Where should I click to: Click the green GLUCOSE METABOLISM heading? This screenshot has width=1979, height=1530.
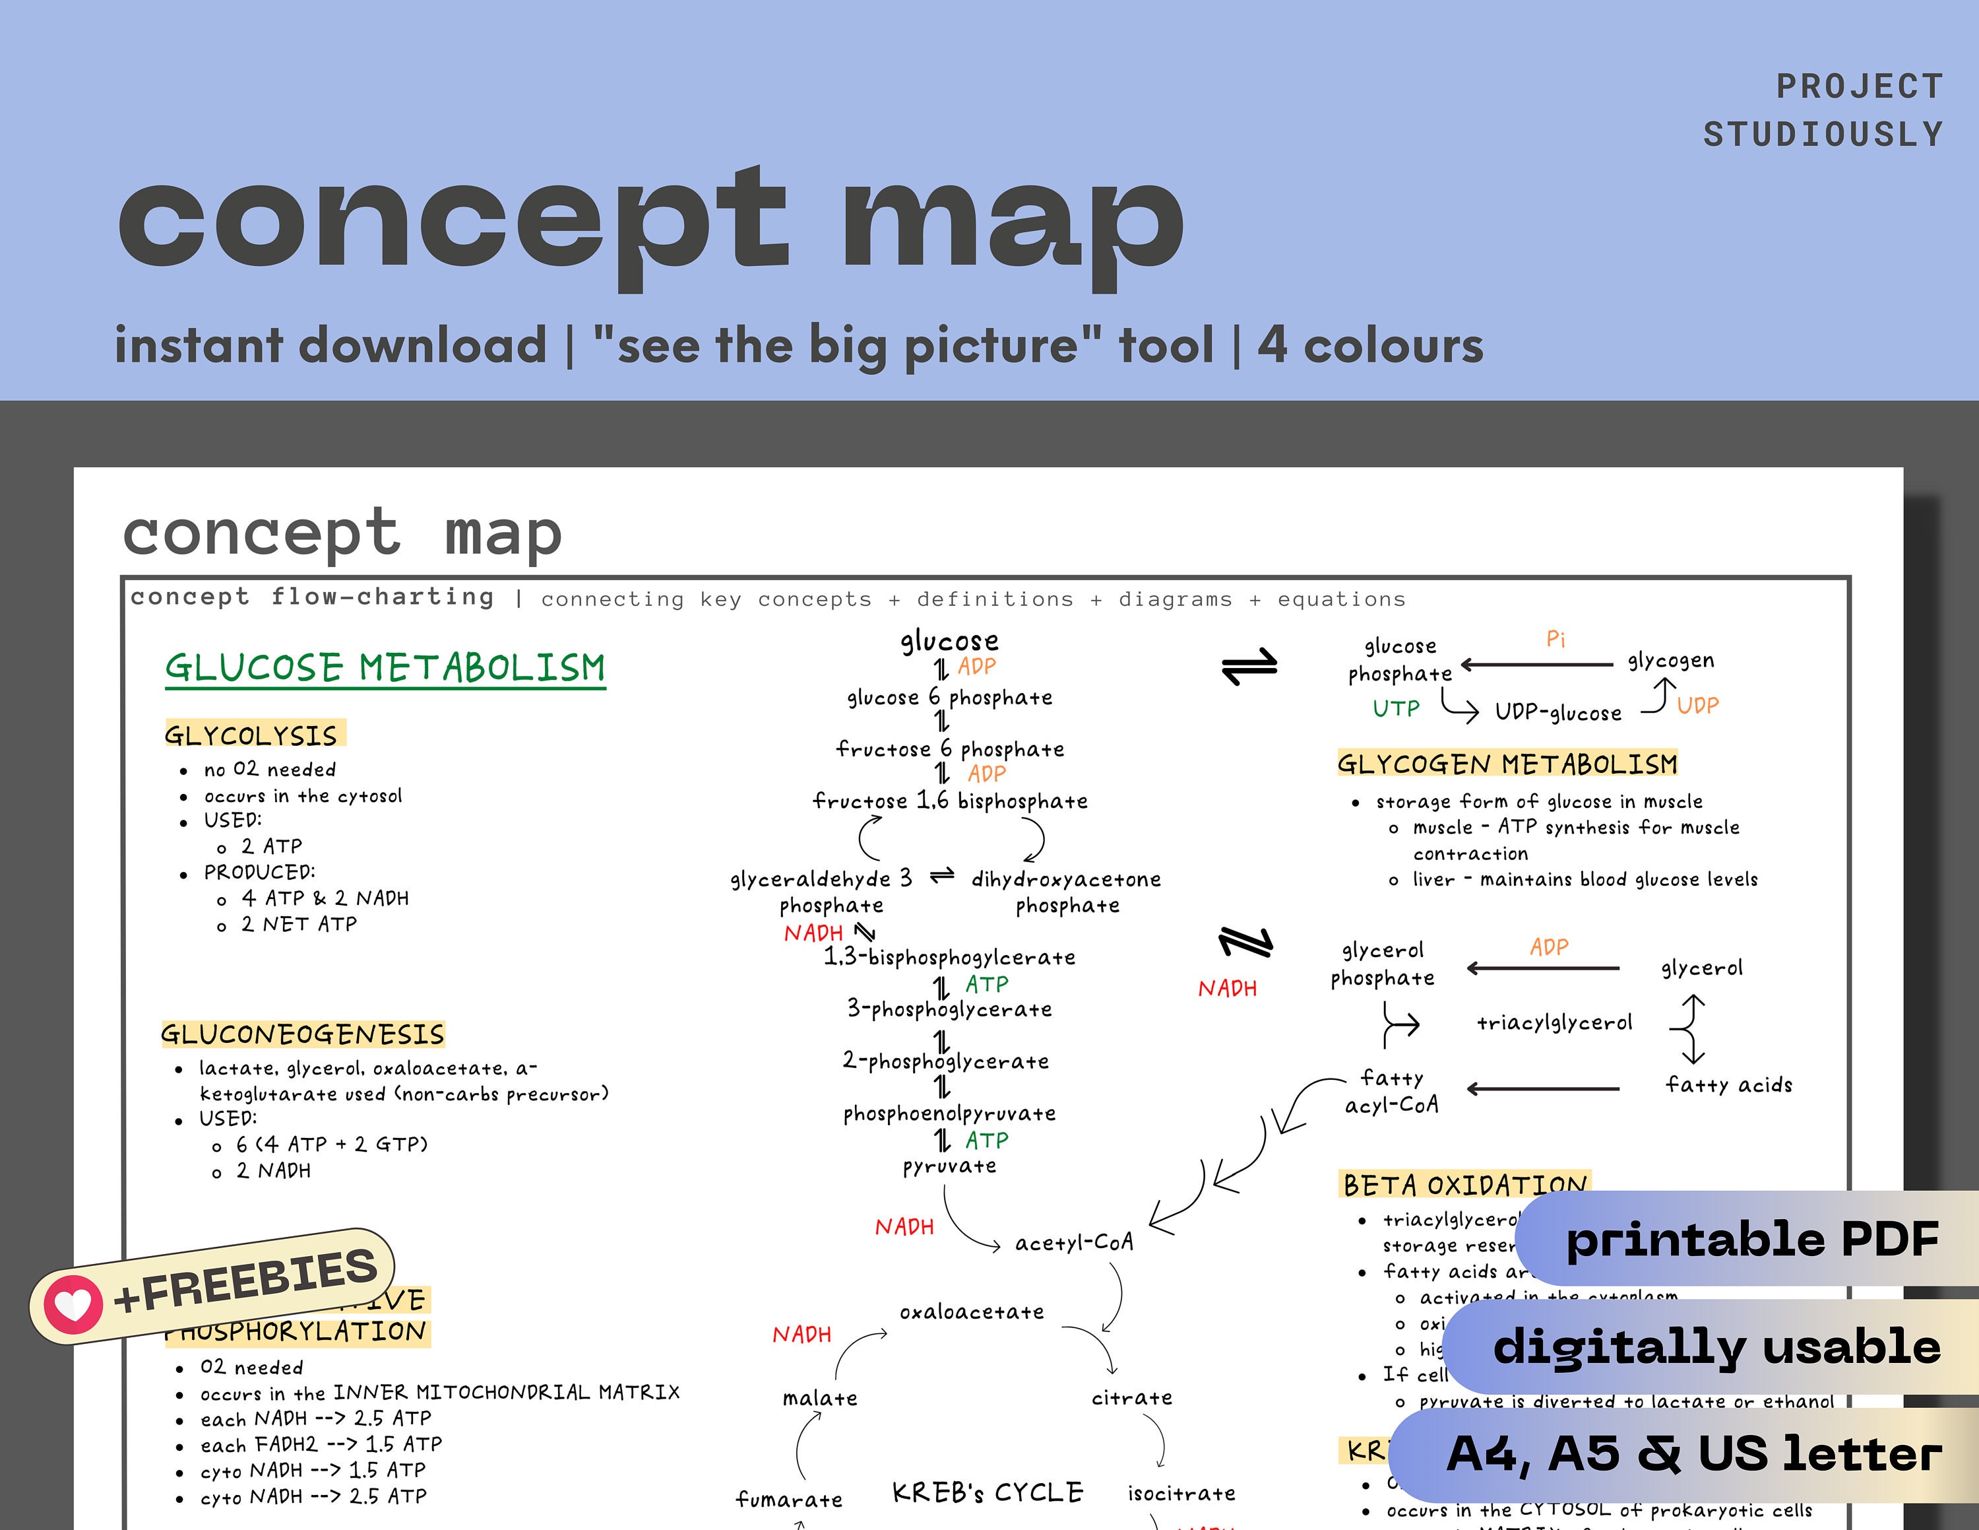tap(385, 668)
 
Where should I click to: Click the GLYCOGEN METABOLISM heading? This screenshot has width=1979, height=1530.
tap(1507, 764)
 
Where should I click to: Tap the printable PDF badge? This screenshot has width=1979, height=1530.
tap(1751, 1239)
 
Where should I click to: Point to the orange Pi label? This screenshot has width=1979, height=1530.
tap(1555, 640)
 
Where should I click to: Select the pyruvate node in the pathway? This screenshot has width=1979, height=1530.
tap(949, 1166)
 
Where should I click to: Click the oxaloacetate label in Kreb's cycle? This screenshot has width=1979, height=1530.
tap(972, 1312)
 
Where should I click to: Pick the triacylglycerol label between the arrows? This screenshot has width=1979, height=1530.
tap(1554, 1023)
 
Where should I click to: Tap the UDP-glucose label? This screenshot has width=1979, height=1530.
tap(1557, 712)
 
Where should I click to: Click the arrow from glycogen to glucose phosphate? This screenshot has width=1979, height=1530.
tap(1537, 665)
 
